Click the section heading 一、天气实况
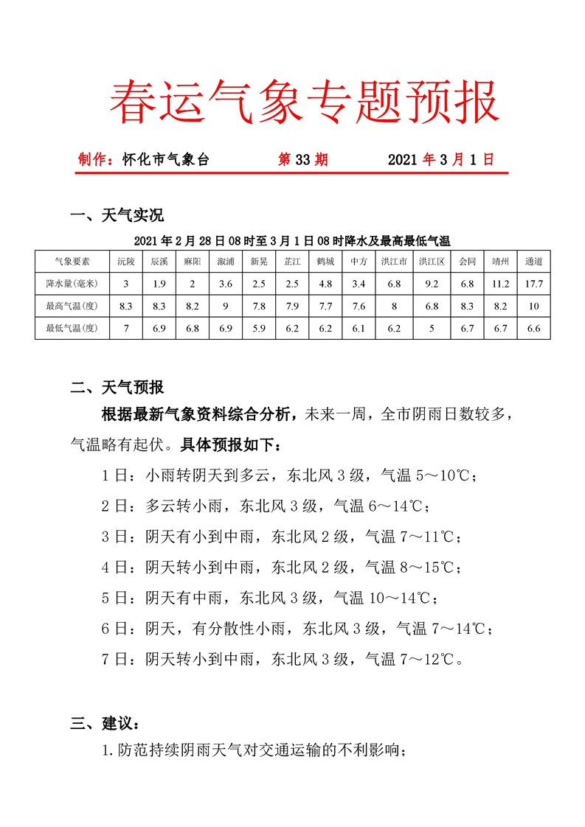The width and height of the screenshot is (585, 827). (117, 216)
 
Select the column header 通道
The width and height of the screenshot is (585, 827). (533, 262)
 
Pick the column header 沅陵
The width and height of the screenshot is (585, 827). (126, 262)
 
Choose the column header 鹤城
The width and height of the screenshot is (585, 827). (325, 262)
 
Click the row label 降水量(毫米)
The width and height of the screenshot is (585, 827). (72, 284)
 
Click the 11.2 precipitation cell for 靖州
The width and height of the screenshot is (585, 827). (500, 284)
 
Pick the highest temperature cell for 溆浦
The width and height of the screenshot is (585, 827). (226, 306)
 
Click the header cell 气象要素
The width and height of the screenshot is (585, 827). (72, 262)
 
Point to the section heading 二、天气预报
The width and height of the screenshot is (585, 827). (117, 387)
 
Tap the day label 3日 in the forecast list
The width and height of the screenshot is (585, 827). (114, 537)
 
